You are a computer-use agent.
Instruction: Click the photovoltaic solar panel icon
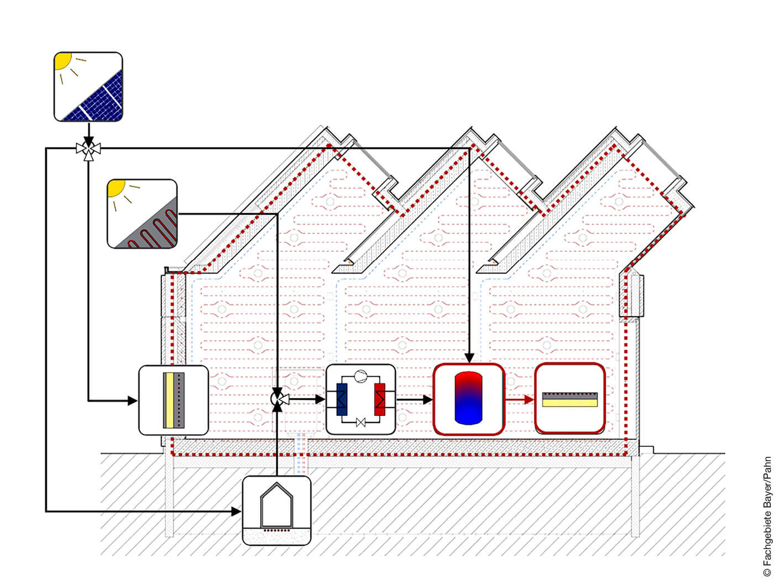pyautogui.click(x=88, y=87)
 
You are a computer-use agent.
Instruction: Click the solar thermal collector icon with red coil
pyautogui.click(x=142, y=214)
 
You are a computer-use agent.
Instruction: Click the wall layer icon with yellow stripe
pyautogui.click(x=173, y=400)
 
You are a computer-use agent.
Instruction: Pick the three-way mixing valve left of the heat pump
pyautogui.click(x=278, y=398)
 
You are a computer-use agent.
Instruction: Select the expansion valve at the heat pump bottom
pyautogui.click(x=361, y=423)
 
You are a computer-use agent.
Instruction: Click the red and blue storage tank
pyautogui.click(x=468, y=398)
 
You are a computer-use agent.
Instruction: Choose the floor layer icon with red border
pyautogui.click(x=569, y=398)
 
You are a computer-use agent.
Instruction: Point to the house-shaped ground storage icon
pyautogui.click(x=276, y=510)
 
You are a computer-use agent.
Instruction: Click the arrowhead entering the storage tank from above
pyautogui.click(x=469, y=358)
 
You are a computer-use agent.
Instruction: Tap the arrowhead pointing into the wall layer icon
pyautogui.click(x=133, y=400)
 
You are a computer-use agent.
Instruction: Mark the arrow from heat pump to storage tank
pyautogui.click(x=414, y=399)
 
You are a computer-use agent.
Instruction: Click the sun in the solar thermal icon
pyautogui.click(x=116, y=187)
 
